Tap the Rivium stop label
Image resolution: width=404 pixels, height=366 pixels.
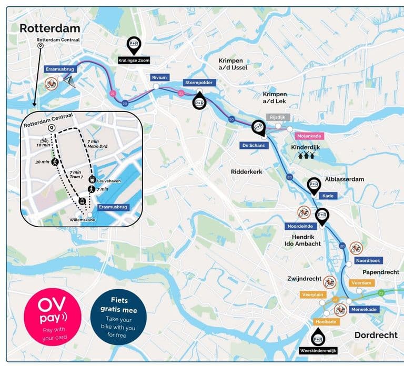(x=159, y=77)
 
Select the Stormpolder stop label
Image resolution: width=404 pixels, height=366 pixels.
(x=198, y=83)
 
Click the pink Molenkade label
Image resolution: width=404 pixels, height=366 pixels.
(x=310, y=136)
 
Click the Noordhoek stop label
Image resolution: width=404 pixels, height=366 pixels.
(x=369, y=260)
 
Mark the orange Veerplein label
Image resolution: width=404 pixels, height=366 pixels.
(x=312, y=295)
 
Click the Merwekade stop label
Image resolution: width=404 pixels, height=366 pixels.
(x=363, y=310)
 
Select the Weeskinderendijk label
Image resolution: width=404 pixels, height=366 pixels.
(x=317, y=350)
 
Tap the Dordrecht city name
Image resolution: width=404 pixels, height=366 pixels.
(x=375, y=335)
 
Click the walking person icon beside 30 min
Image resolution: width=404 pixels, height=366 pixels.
(x=55, y=162)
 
